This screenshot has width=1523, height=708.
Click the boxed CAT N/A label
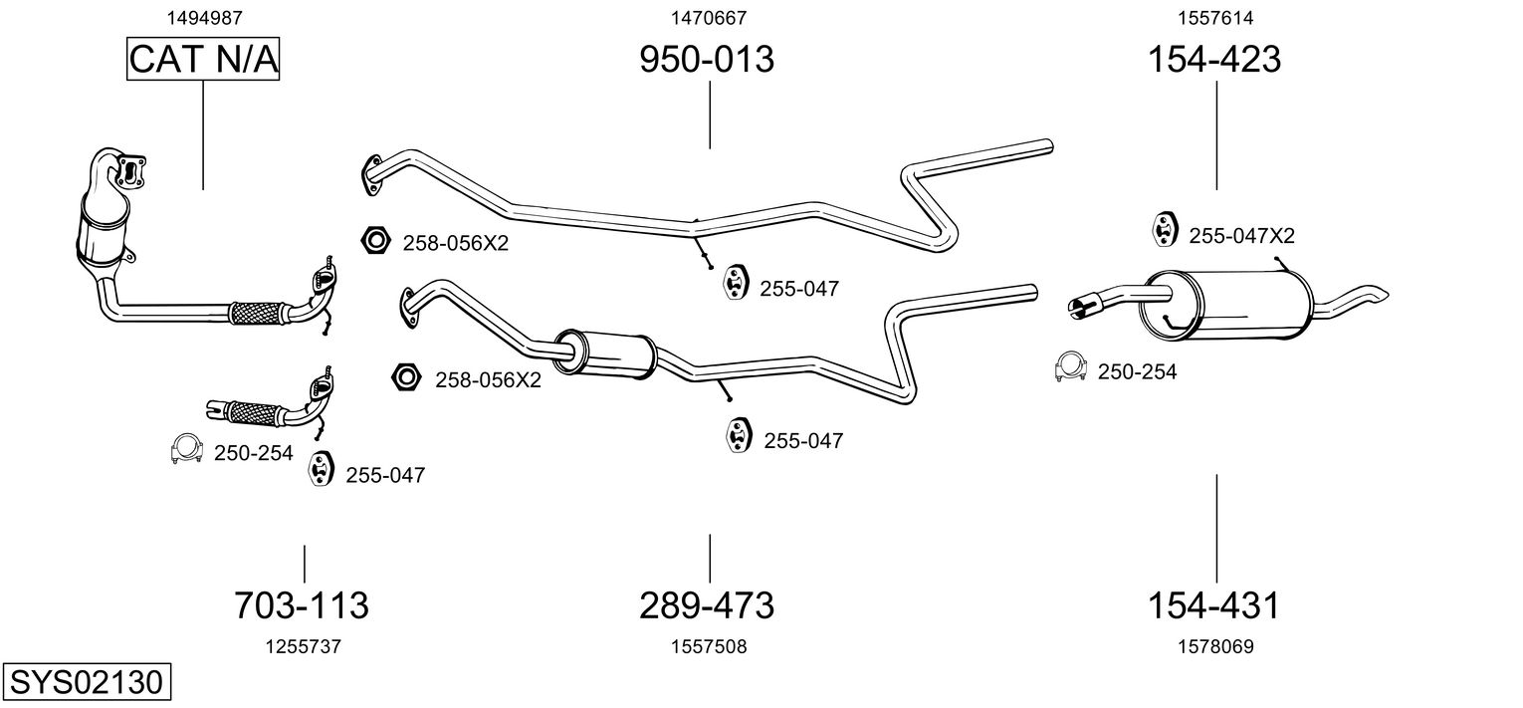(203, 60)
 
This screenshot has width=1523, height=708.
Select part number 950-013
(706, 60)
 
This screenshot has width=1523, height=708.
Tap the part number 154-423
(1214, 60)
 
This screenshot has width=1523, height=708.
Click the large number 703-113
(301, 604)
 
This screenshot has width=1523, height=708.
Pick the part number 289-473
(706, 604)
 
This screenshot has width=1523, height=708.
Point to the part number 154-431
(1213, 604)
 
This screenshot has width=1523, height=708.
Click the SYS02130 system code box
(86, 683)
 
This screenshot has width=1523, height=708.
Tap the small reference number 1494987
(203, 18)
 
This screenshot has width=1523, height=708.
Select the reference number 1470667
(709, 18)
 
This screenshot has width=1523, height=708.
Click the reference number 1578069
(1214, 647)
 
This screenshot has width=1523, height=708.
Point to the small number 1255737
(303, 647)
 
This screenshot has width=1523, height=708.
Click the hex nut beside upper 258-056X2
(374, 240)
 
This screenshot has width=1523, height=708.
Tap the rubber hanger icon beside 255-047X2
(1163, 230)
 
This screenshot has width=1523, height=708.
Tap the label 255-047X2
(1241, 236)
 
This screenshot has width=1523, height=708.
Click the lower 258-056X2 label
(488, 379)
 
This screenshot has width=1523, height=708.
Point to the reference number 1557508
(709, 647)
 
